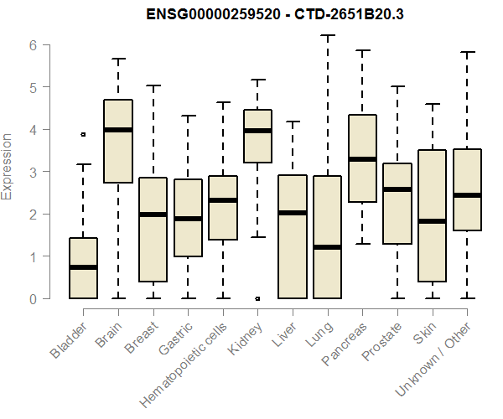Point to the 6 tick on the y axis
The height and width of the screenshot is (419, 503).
click(x=33, y=44)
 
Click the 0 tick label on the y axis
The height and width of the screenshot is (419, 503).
click(x=33, y=298)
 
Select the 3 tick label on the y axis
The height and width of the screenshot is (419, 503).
click(x=33, y=172)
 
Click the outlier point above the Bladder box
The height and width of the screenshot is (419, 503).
click(x=83, y=134)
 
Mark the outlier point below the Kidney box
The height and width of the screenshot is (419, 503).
click(x=257, y=297)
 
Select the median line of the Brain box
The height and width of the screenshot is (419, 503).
click(x=118, y=130)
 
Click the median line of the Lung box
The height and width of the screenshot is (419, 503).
click(x=327, y=247)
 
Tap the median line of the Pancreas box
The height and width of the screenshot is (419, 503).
click(x=362, y=159)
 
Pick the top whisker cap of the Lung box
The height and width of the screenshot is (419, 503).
click(x=327, y=36)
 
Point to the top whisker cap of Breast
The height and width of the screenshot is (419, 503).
click(x=153, y=85)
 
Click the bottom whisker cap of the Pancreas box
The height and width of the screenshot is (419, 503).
click(x=362, y=244)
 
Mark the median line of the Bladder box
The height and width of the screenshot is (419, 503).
click(x=83, y=267)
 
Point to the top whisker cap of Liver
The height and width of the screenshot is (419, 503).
click(x=293, y=122)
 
